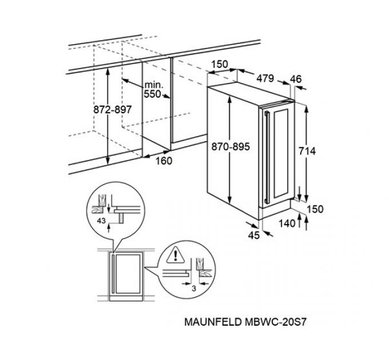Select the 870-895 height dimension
(x=231, y=147)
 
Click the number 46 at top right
(x=296, y=78)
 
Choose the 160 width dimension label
(x=163, y=161)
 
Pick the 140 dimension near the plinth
(x=288, y=224)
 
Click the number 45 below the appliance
(x=254, y=234)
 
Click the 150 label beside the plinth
(x=314, y=209)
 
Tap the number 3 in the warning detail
(x=194, y=289)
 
